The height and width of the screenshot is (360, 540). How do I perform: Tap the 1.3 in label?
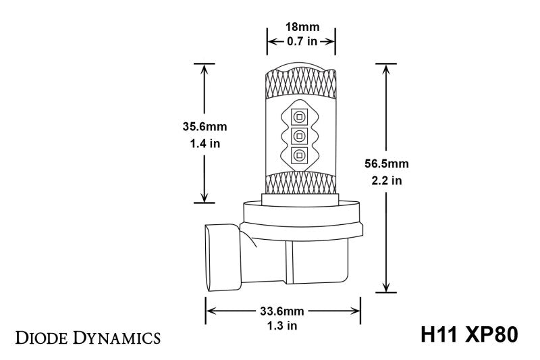(x=284, y=326)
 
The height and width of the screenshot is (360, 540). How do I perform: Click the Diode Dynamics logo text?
(x=87, y=336)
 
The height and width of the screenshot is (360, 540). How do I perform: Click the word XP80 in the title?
(x=491, y=335)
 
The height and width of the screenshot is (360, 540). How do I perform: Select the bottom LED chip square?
(x=298, y=156)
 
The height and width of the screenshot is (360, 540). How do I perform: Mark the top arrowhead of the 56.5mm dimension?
(x=387, y=68)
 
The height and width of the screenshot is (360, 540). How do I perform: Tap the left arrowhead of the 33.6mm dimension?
(x=210, y=311)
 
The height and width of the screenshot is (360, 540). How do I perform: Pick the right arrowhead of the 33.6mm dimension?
(x=357, y=311)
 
